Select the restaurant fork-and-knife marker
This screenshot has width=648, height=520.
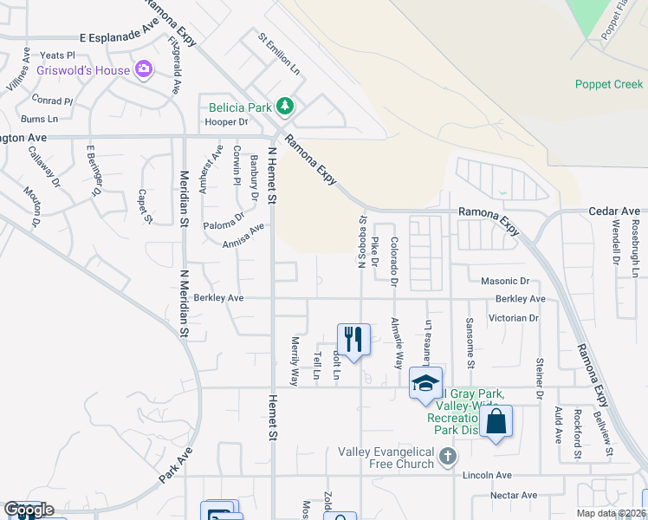pos(353,338)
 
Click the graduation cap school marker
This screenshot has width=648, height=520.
pos(425,383)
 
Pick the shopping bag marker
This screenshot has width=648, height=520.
pos(496,422)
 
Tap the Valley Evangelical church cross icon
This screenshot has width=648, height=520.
pos(447,456)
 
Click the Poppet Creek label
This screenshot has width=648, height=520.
pos(609,84)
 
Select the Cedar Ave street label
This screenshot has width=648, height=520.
pos(613,211)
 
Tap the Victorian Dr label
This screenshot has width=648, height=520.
pos(514,318)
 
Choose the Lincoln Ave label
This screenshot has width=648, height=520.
pos(487,475)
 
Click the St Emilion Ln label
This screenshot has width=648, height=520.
pos(278,52)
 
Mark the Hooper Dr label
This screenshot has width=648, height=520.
pos(226,122)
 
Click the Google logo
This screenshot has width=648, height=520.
pos(29,510)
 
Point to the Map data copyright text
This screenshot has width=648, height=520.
pos(612,513)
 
